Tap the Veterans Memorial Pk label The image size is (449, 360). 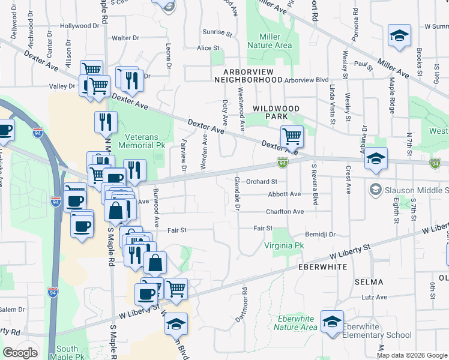[149, 141]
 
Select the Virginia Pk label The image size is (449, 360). [285, 246]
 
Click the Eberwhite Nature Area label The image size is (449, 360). [295, 323]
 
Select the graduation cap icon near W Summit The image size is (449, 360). [399, 35]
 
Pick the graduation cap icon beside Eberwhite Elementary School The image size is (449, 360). [332, 321]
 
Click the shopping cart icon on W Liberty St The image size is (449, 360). [176, 289]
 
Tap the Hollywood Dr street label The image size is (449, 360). [79, 26]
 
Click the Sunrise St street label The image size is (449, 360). [217, 32]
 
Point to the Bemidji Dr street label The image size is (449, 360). [320, 234]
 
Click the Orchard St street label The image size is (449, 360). [261, 181]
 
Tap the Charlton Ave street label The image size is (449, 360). [285, 212]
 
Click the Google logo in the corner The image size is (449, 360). [20, 352]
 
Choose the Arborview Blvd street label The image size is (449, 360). [307, 80]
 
